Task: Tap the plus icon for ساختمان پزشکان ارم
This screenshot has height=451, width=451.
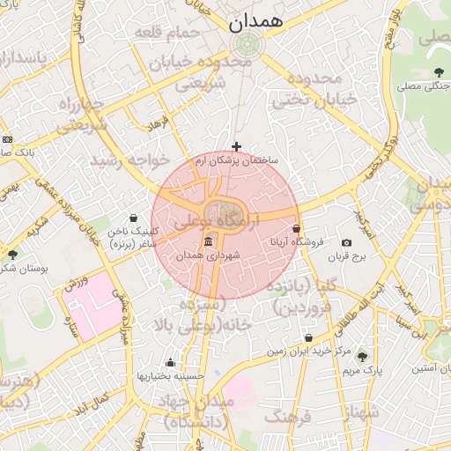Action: [x=236, y=146]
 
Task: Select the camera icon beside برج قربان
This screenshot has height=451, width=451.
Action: [x=346, y=243]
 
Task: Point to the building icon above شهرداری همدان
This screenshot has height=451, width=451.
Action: [x=209, y=242]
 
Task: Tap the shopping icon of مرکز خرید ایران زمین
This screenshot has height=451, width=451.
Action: [x=308, y=338]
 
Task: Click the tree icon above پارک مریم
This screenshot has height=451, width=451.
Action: [x=362, y=357]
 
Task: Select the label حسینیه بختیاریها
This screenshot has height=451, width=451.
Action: [x=170, y=375]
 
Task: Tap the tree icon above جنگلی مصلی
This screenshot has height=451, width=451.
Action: [x=438, y=72]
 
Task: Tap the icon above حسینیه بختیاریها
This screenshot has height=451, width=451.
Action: [x=170, y=362]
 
